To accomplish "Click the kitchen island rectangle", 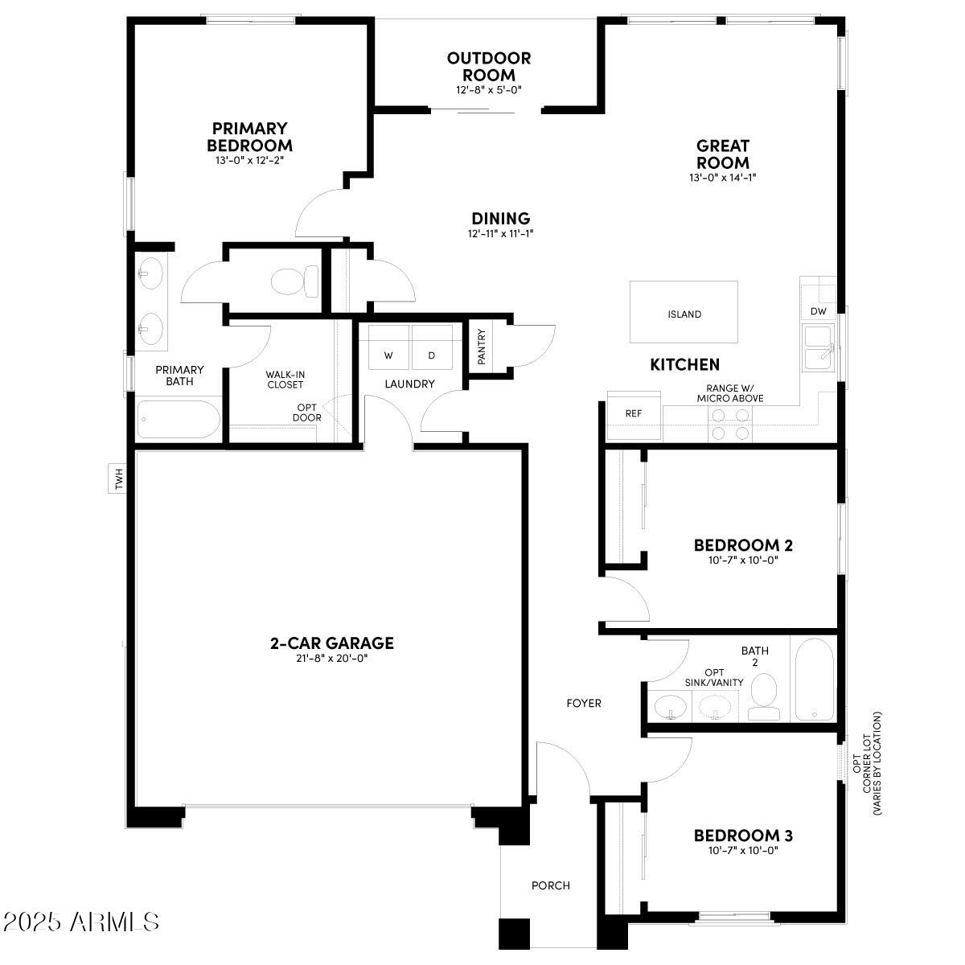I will [x=684, y=313].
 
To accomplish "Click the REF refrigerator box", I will [x=634, y=414].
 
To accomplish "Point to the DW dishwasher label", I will [x=819, y=311].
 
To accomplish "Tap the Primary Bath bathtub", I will [x=178, y=419].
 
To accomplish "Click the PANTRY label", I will [x=482, y=347].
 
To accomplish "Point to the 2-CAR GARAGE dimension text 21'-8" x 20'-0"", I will [x=331, y=659].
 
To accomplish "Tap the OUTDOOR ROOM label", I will [x=489, y=67].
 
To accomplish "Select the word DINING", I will [x=500, y=218].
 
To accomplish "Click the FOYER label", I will [x=584, y=704].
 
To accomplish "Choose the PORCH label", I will [x=551, y=885].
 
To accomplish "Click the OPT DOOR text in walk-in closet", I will [x=307, y=413].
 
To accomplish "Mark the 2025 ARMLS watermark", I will [x=80, y=922].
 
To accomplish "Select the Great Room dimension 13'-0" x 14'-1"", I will [x=722, y=177].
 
